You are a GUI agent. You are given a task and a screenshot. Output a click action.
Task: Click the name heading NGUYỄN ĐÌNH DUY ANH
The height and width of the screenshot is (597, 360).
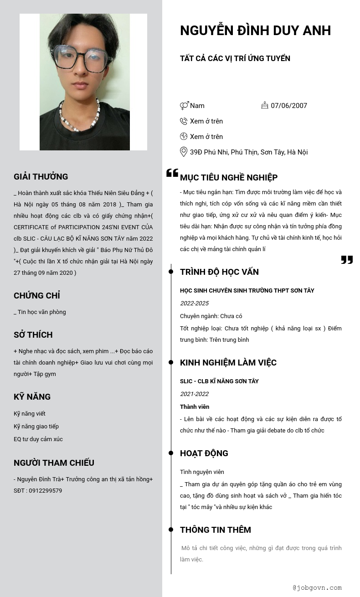pyautogui.click(x=255, y=31)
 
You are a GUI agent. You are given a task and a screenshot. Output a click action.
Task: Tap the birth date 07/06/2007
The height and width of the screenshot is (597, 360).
pyautogui.click(x=289, y=106)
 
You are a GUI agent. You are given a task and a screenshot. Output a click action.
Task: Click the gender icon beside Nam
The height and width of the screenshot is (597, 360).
pyautogui.click(x=184, y=106)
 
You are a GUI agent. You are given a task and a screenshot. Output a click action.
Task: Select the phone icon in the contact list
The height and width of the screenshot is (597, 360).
pyautogui.click(x=184, y=121)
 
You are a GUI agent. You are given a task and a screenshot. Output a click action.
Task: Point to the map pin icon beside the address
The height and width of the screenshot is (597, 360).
pyautogui.click(x=184, y=152)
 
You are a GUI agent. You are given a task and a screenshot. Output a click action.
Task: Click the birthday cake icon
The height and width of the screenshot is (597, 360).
pyautogui.click(x=265, y=105)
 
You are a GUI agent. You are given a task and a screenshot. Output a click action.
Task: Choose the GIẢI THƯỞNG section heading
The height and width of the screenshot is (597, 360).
pyautogui.click(x=41, y=177)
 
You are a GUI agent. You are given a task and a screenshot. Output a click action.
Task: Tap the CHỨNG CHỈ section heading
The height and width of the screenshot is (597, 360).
pyautogui.click(x=37, y=296)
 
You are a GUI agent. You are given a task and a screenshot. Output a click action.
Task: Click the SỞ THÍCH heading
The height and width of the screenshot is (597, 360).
pyautogui.click(x=33, y=335)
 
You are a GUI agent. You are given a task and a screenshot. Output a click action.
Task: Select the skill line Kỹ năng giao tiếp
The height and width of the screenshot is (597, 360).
pyautogui.click(x=36, y=427)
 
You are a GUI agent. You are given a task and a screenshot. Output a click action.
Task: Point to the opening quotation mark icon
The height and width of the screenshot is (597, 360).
pyautogui.click(x=172, y=173)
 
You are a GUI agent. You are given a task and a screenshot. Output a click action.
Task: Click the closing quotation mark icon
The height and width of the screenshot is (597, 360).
pyautogui.click(x=347, y=260)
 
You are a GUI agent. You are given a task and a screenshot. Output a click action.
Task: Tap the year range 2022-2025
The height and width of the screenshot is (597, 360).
pyautogui.click(x=194, y=304)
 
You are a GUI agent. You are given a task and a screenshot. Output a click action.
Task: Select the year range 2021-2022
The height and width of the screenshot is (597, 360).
pyautogui.click(x=194, y=394)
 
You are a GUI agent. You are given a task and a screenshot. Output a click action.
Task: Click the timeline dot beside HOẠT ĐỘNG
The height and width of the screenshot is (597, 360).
pyautogui.click(x=171, y=453)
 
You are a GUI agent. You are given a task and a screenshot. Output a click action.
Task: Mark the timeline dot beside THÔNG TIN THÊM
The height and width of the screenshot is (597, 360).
pyautogui.click(x=171, y=530)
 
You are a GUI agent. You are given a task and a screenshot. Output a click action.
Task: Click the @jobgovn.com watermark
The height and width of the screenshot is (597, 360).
pyautogui.click(x=317, y=588)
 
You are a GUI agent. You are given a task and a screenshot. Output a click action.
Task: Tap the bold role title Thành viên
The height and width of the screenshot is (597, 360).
pyautogui.click(x=195, y=407)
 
